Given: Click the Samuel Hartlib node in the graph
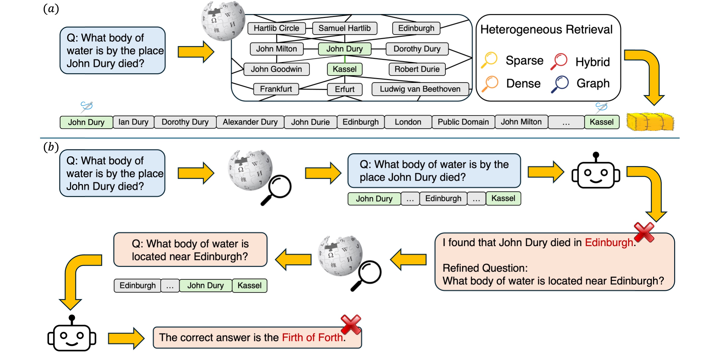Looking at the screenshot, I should coord(344,28).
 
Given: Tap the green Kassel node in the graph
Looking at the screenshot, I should coord(344,69).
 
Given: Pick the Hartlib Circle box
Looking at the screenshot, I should coord(276,28).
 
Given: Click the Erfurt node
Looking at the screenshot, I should coord(344,89).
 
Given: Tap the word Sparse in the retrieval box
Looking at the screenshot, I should coord(524,60).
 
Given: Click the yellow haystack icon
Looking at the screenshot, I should coord(650,122).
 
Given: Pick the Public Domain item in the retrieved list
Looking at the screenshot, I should coord(463,122).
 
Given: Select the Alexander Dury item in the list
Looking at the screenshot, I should coord(250,122).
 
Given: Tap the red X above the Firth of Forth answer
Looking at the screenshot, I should coord(351,324).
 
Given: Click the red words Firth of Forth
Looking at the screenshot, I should coord(312,337).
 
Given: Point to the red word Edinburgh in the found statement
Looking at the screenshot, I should coord(609,242).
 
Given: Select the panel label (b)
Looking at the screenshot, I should coord(51,147).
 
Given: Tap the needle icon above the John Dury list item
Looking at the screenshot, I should coord(86,107).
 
